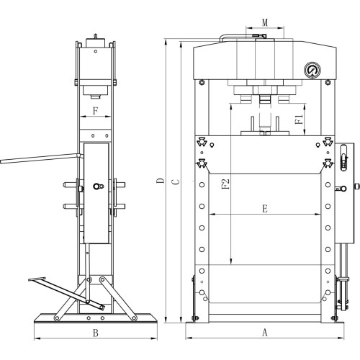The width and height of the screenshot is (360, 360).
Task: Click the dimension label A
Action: (x=264, y=333)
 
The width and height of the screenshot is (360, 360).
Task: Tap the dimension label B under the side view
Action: (x=95, y=333)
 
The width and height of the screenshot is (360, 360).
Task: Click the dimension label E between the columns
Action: (x=264, y=209)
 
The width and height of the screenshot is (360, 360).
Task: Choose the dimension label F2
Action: (x=226, y=184)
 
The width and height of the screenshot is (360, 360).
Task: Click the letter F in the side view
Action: (x=95, y=112)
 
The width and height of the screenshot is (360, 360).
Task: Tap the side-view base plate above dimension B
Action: (x=95, y=317)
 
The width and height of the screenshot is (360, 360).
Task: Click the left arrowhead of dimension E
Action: (x=210, y=215)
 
